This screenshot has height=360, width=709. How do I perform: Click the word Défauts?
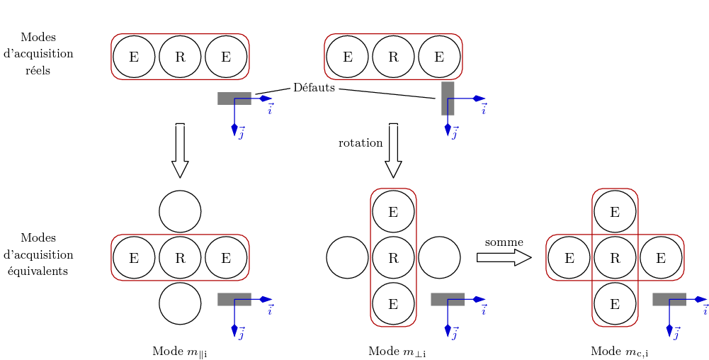tap(314, 88)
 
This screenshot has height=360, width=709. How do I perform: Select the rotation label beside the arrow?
tap(361, 142)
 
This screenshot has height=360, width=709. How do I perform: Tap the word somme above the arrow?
tap(504, 242)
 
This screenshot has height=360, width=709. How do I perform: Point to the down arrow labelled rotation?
tap(393, 150)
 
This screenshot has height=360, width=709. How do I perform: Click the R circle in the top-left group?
tap(180, 57)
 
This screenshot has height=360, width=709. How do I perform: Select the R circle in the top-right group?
tap(393, 57)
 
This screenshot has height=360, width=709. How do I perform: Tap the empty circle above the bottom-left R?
tap(180, 211)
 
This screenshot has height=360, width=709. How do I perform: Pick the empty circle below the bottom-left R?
tap(180, 303)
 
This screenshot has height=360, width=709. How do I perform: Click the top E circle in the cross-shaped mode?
tap(615, 211)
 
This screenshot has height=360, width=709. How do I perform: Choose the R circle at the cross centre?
tap(615, 257)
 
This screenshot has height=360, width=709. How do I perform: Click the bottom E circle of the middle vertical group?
tap(393, 303)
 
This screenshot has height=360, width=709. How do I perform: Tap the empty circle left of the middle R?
tap(347, 257)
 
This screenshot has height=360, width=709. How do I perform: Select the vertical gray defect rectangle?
tap(448, 98)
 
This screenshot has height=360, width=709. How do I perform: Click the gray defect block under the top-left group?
tap(234, 99)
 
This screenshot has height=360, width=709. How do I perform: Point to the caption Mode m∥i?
tap(179, 351)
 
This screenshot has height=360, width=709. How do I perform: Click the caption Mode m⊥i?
tap(397, 351)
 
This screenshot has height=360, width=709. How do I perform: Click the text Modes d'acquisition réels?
tap(38, 54)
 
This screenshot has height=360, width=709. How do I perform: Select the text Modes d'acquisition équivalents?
tap(38, 254)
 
